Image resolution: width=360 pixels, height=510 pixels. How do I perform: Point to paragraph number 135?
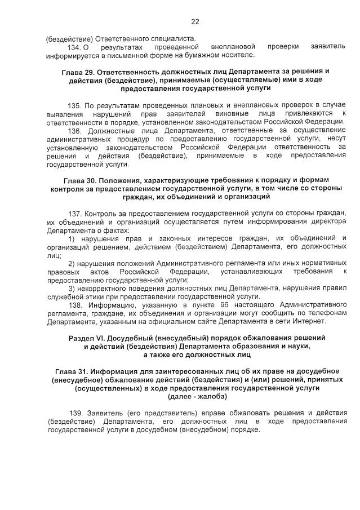74,106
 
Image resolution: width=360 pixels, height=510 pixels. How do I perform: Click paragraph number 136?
74,130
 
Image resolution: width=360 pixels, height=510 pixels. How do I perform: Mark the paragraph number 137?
75,214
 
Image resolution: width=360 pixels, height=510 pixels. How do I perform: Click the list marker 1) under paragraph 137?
72,238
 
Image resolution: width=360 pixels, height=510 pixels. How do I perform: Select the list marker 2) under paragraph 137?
72,263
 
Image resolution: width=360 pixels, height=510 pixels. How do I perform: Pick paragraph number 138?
75,304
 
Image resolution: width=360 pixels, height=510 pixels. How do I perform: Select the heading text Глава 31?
74,371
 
